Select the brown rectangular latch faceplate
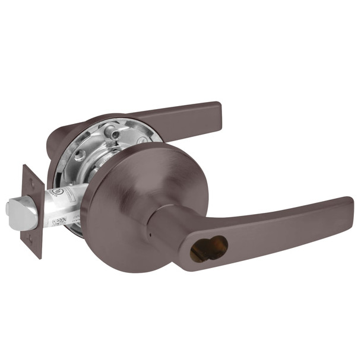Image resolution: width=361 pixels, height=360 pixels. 31,211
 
